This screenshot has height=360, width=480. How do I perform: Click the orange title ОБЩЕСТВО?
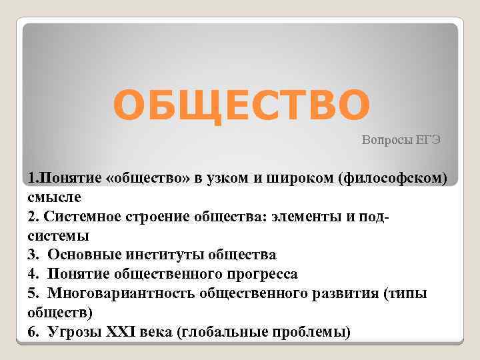pos(241,105)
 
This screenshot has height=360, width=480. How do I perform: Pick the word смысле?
pos(55,197)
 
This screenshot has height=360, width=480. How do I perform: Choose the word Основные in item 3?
pos(82,255)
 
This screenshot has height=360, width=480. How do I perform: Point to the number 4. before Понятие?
pos(34,274)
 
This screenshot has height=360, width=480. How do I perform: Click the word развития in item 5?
pos(345,293)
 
